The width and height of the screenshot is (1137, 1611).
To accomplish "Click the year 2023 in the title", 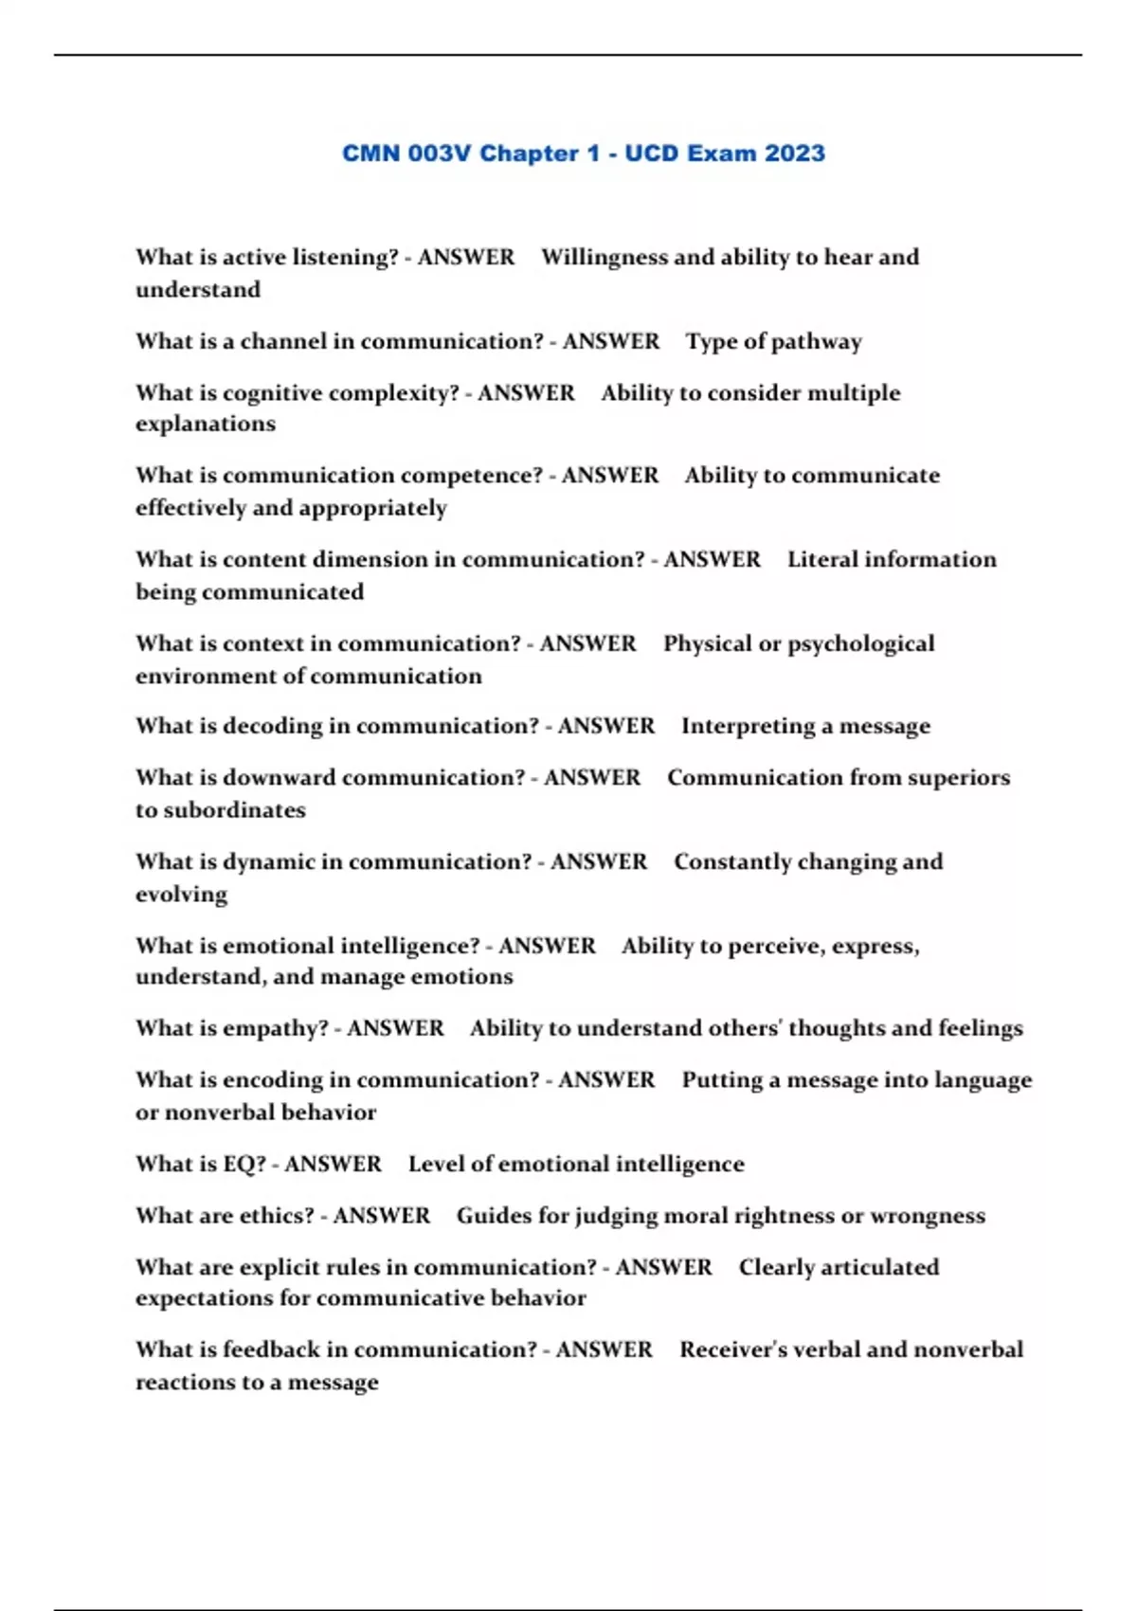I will [794, 154].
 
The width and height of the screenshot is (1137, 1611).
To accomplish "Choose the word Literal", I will [821, 559].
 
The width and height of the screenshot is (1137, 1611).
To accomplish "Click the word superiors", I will [958, 778].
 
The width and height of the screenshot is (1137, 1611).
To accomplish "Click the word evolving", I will [181, 895].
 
